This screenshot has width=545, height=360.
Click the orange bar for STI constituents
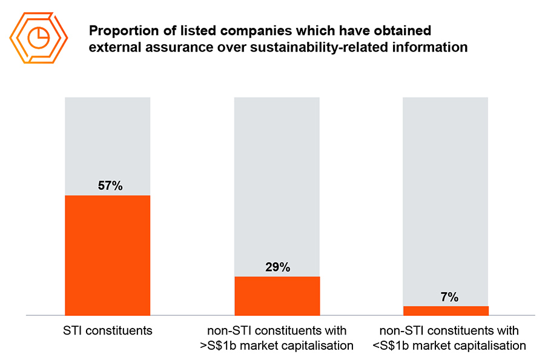tap(107, 255)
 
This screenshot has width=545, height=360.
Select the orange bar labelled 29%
tap(277, 296)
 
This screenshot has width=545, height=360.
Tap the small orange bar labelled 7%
tap(446, 310)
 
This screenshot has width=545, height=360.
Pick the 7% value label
tap(449, 296)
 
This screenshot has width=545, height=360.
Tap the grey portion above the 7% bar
tap(446, 194)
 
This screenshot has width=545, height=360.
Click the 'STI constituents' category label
tap(107, 331)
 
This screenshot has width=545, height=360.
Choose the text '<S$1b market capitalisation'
tap(449, 346)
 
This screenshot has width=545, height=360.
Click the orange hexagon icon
tap(39, 37)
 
